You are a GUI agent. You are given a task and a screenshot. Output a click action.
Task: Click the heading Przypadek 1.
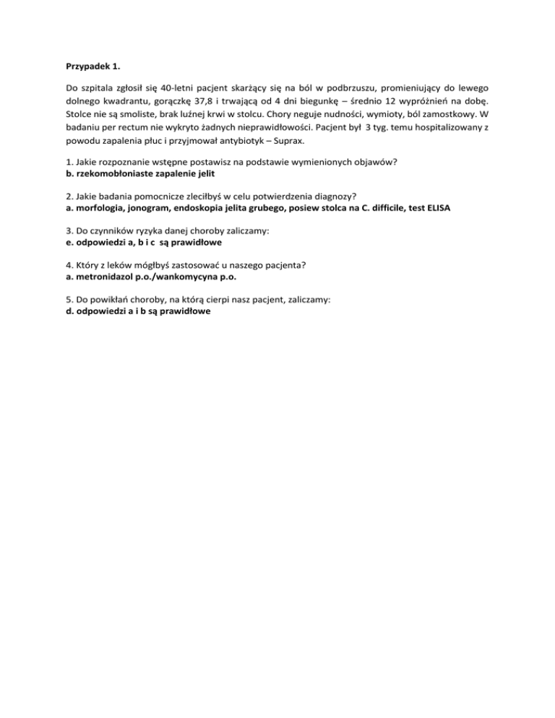88,66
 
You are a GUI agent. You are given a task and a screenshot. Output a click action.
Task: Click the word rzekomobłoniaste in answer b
111,174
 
